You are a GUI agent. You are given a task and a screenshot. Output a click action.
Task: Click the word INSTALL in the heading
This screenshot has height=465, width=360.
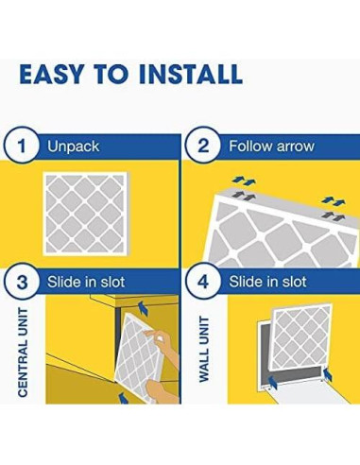[x=191, y=75]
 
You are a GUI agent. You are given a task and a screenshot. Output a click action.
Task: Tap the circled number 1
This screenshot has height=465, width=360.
[x=22, y=146]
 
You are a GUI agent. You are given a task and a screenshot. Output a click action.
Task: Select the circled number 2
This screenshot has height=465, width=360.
[x=203, y=146]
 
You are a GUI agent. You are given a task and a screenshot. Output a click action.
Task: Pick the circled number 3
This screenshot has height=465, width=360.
[x=22, y=282]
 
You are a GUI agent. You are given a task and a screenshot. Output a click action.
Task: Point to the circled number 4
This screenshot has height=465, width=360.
[x=203, y=282]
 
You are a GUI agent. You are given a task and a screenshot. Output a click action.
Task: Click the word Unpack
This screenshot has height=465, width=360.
[x=74, y=146]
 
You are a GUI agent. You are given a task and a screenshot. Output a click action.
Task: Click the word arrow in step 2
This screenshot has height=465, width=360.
[x=294, y=146]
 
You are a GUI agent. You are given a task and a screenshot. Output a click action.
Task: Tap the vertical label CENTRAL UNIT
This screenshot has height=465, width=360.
[x=23, y=352]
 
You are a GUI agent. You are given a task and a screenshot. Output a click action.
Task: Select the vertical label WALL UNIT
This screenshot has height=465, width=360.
[x=204, y=350]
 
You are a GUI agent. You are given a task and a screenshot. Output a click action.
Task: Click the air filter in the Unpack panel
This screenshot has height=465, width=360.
[x=86, y=214]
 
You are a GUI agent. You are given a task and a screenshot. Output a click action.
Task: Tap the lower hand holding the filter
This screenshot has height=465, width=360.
[x=163, y=390]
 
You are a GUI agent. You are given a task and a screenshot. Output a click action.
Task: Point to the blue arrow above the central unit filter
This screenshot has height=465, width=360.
[x=144, y=307]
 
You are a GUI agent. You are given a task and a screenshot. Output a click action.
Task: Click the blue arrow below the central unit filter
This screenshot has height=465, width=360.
[x=124, y=398]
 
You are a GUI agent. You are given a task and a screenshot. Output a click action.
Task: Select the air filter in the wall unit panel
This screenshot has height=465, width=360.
[x=301, y=336]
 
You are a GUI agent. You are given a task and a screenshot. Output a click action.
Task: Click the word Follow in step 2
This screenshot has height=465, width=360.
[x=250, y=146]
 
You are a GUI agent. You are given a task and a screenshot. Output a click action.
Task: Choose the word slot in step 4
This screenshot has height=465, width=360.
[x=294, y=282]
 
